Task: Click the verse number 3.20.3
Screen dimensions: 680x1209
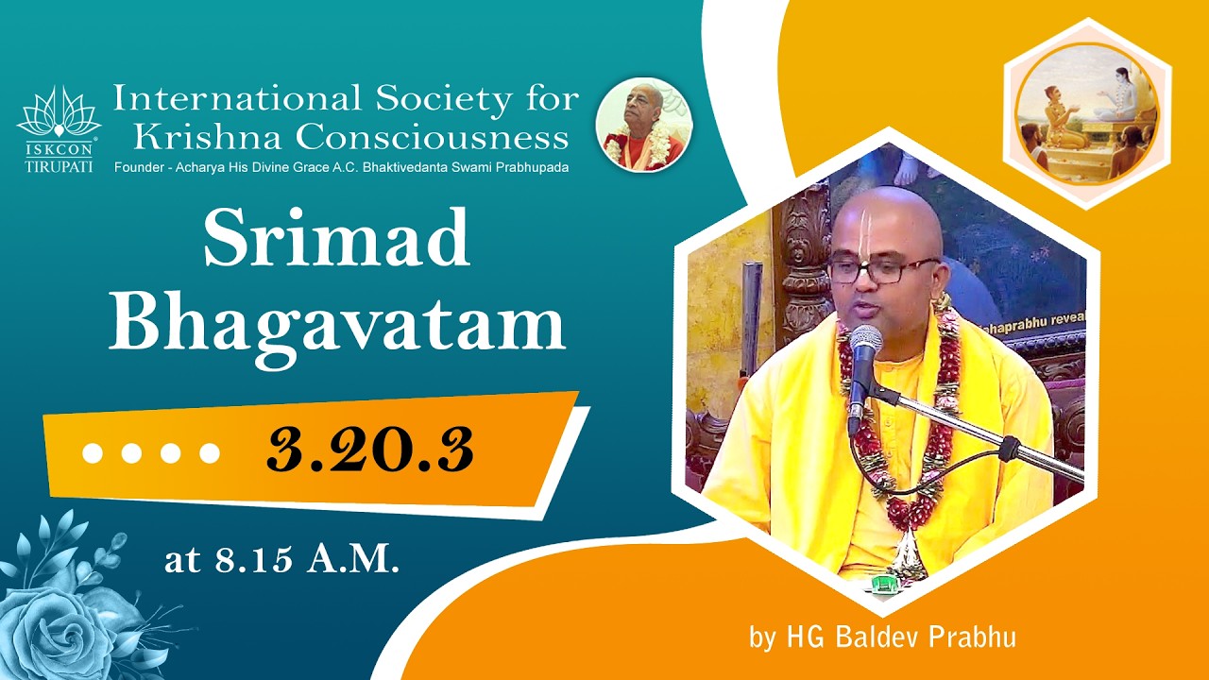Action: pyautogui.click(x=369, y=450)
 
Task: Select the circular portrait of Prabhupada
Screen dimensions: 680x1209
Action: pyautogui.click(x=644, y=125)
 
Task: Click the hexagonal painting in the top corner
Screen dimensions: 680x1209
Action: pyautogui.click(x=1086, y=114)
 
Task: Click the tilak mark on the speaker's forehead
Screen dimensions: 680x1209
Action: pyautogui.click(x=866, y=227)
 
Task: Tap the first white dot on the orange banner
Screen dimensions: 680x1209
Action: pyautogui.click(x=93, y=454)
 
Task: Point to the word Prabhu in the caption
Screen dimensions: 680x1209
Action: pyautogui.click(x=977, y=637)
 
